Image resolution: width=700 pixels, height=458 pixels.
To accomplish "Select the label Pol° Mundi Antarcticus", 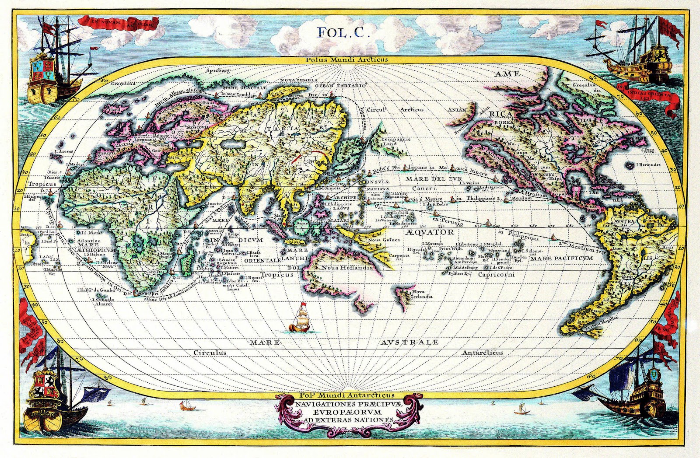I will coord(339,395).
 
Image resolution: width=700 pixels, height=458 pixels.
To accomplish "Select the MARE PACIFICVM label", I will coord(562,259).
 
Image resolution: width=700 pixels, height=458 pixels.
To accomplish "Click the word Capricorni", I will coord(496,275).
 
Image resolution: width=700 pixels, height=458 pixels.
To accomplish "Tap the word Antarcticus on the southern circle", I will coord(483,352).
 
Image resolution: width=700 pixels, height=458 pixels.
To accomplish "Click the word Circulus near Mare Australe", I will coord(210,352).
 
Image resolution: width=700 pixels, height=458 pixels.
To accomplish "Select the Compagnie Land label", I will coord(395,141).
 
